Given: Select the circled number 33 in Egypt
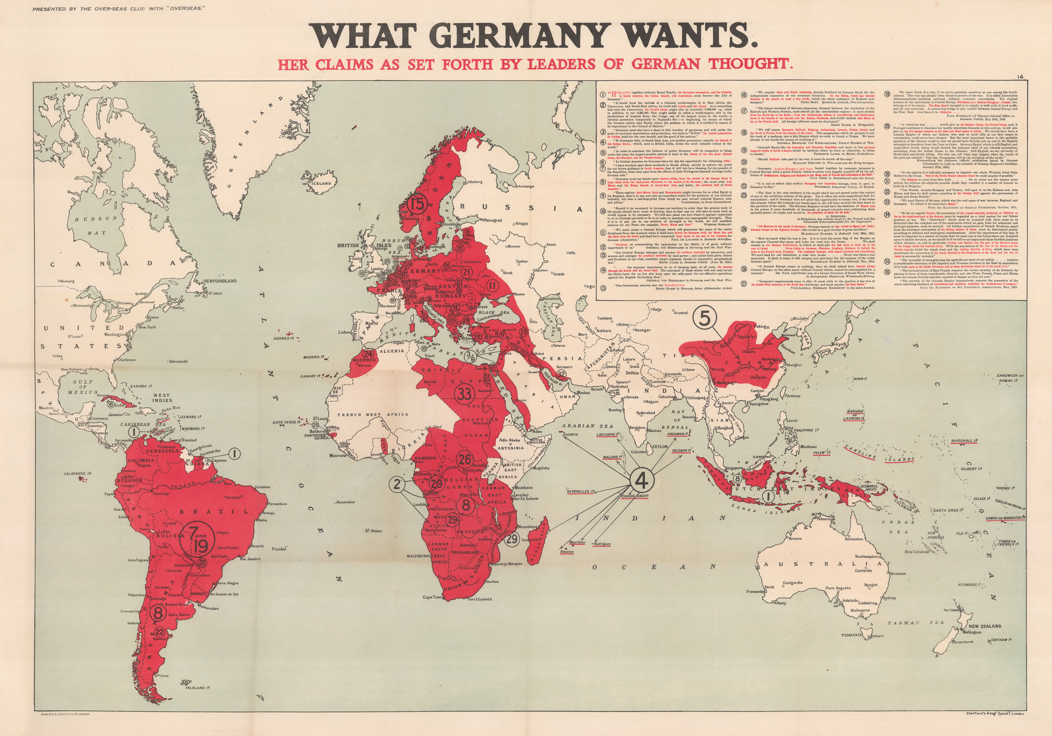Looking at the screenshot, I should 465,393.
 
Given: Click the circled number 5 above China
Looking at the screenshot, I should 705,318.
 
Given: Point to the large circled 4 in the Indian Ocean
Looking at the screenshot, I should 642,481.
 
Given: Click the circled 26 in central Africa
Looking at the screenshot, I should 465,460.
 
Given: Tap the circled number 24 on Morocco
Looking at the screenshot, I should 368,354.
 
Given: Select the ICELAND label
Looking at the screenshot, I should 321,183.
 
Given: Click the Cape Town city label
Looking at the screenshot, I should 433,597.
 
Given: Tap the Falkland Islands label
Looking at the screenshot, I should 198,688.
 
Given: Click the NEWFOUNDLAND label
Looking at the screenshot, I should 220,281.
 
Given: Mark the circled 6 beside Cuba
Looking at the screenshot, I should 110,404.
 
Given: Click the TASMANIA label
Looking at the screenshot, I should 851,635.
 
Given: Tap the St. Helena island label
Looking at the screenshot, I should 373,531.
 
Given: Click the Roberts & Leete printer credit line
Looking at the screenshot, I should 62,714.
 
